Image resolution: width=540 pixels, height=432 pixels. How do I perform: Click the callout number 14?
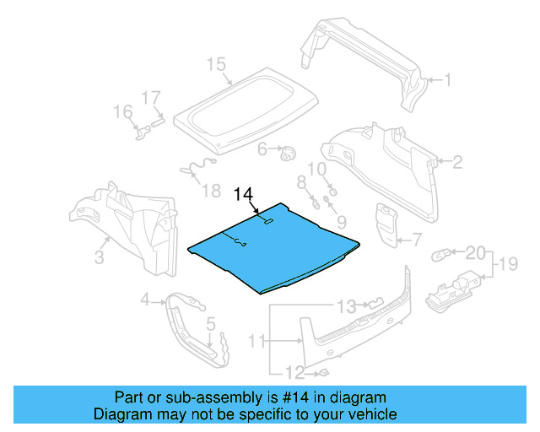(243, 195)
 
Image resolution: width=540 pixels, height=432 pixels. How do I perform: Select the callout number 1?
(448, 81)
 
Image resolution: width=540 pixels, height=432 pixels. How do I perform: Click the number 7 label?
(416, 240)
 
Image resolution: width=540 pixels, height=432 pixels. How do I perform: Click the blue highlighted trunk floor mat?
(270, 253)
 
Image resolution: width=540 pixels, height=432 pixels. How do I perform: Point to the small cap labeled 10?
(332, 192)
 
